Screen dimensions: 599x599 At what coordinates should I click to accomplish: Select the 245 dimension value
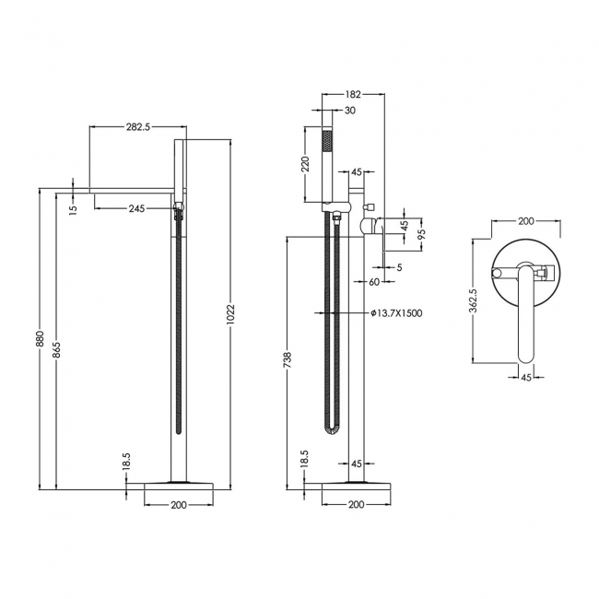pyautogui.click(x=136, y=208)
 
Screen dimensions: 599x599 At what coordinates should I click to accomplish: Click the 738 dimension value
pyautogui.click(x=288, y=358)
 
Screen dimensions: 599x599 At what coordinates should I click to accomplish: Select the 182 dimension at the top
pyautogui.click(x=353, y=94)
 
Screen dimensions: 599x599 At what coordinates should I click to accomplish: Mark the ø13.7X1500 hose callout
pyautogui.click(x=396, y=313)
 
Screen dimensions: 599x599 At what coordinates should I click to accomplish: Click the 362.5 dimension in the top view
pyautogui.click(x=473, y=301)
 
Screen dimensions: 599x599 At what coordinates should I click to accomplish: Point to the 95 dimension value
pyautogui.click(x=421, y=234)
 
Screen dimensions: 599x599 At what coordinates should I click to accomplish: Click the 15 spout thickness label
pyautogui.click(x=74, y=208)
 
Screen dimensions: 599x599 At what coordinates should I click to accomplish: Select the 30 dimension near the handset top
pyautogui.click(x=349, y=111)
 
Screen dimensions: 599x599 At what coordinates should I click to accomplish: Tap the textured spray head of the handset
pyautogui.click(x=325, y=146)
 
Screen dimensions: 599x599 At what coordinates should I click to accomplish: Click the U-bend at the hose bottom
pyautogui.click(x=333, y=430)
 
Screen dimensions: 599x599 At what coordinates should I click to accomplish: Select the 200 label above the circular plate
pyautogui.click(x=526, y=221)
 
